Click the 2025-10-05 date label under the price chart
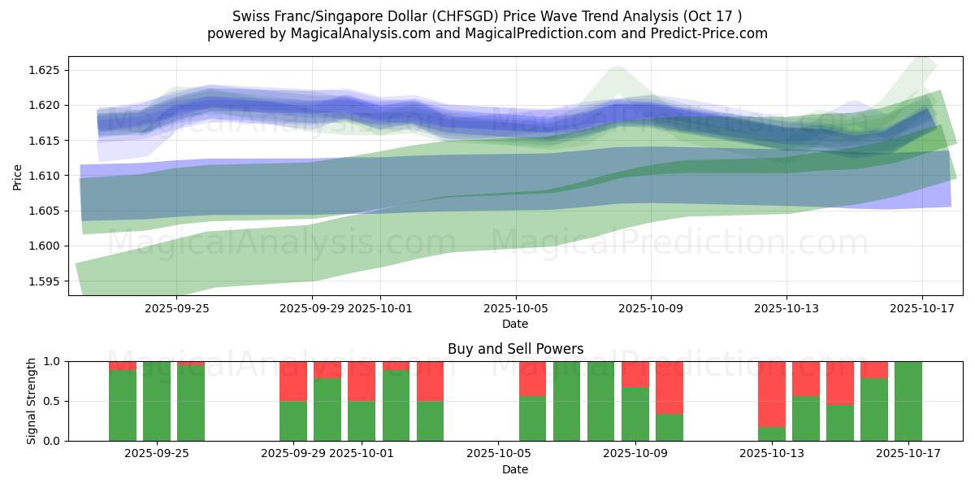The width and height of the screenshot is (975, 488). click(515, 309)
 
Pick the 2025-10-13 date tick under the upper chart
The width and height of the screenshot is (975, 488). click(786, 309)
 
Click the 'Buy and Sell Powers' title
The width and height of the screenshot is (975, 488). click(515, 349)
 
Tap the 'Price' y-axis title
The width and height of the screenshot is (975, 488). click(18, 176)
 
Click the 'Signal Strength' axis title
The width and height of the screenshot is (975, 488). click(31, 401)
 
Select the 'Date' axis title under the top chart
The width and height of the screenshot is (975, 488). click(515, 324)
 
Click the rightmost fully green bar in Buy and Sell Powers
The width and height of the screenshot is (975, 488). click(908, 401)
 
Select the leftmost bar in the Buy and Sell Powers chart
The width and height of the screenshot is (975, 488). click(123, 405)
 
